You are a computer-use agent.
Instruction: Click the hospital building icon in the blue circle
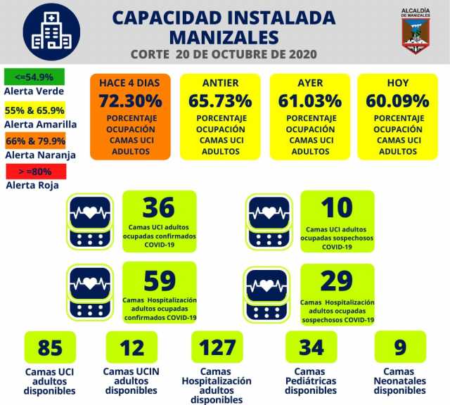[x=51, y=32]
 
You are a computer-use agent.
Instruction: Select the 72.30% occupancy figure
[x=130, y=101]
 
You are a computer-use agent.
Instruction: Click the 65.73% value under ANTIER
[x=220, y=101]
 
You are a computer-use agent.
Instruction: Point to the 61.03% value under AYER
[x=310, y=101]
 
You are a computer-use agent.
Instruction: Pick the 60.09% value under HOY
[x=397, y=101]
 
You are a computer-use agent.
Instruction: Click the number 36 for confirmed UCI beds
[x=158, y=208]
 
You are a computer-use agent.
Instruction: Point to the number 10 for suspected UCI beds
[x=336, y=208]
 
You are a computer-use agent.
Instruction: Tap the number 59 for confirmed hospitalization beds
[x=159, y=281]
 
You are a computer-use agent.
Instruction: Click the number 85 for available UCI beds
[x=50, y=347]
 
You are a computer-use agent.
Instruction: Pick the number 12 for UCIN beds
[x=131, y=347]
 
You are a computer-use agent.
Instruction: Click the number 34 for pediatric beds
[x=311, y=347]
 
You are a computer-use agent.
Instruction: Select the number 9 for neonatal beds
[x=399, y=347]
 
